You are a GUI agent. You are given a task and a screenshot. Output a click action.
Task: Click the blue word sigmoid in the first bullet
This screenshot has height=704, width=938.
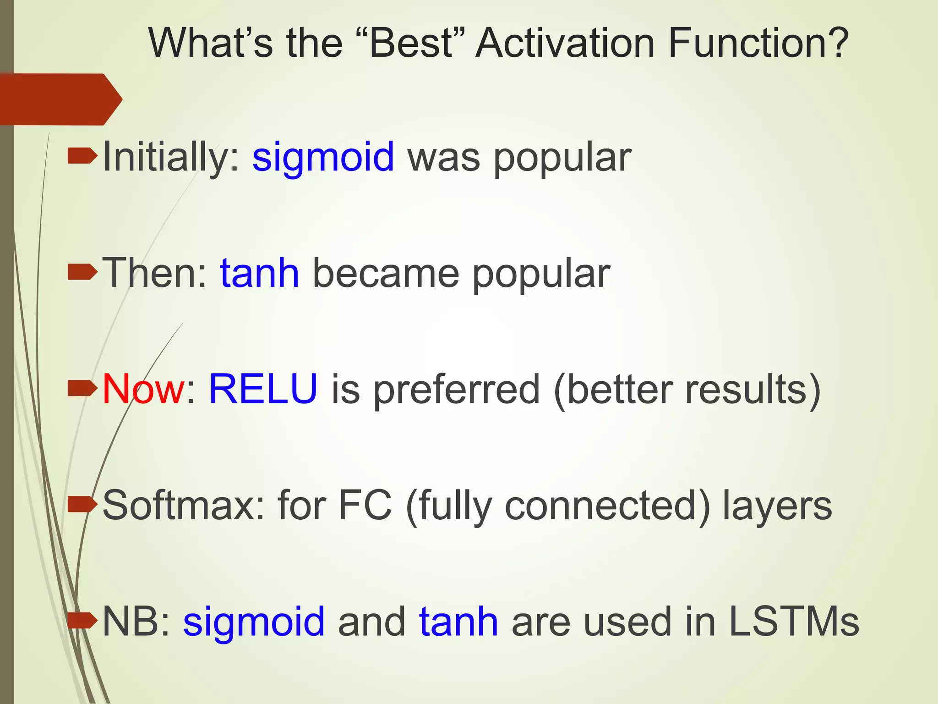pos(323,157)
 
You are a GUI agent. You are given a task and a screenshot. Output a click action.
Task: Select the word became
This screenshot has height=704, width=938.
pos(385,274)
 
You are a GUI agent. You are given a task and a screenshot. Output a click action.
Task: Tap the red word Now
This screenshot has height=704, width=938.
pos(143,389)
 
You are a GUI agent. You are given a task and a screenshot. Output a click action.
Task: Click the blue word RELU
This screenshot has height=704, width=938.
pos(263,389)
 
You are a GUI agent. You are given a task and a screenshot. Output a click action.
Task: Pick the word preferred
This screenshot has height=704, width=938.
pos(456,390)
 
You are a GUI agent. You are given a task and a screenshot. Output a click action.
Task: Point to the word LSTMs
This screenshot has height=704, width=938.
pos(794,621)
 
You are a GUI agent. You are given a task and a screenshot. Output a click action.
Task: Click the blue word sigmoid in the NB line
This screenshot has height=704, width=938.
pos(254,622)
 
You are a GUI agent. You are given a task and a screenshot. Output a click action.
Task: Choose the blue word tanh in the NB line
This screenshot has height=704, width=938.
pos(458,621)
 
